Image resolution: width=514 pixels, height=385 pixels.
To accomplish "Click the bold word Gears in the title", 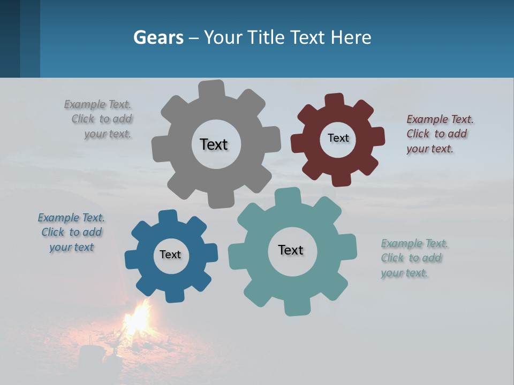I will [x=158, y=37].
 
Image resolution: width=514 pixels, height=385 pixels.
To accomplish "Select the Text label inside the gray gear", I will [x=214, y=144].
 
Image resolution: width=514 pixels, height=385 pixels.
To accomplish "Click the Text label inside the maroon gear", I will [x=338, y=138].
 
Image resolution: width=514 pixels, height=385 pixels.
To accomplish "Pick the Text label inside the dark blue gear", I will [x=170, y=255].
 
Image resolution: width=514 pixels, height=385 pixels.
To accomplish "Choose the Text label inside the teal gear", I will [x=291, y=250].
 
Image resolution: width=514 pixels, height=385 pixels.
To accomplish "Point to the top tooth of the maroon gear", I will [x=334, y=100].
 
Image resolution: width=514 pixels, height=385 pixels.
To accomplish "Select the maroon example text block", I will [x=439, y=134].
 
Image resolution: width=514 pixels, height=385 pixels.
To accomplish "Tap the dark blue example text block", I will [x=71, y=232].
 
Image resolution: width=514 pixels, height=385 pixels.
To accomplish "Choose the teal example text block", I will [x=414, y=258].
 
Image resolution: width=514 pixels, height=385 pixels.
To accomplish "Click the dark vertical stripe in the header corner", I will [x=10, y=38].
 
